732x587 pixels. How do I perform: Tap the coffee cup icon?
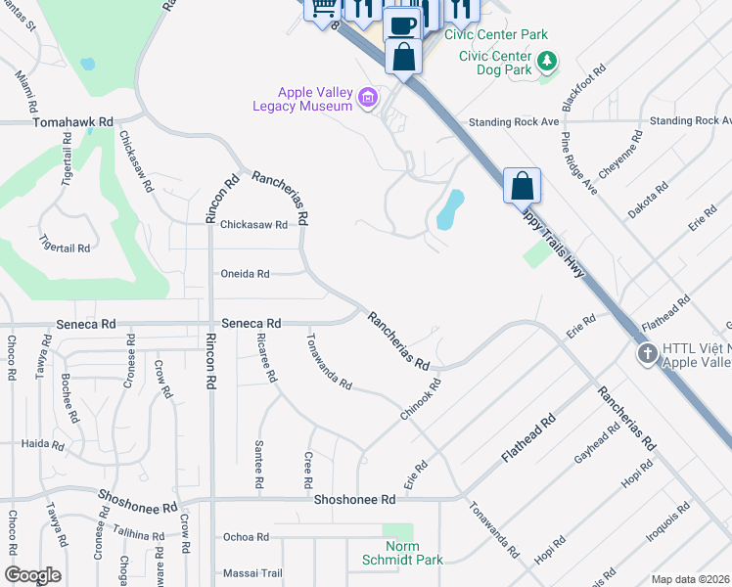[x=401, y=23]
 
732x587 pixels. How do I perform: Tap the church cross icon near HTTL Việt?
[x=646, y=353]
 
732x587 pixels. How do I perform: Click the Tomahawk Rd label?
[x=73, y=123]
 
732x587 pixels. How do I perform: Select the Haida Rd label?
[x=43, y=443]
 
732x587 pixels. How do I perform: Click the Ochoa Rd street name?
[x=246, y=537]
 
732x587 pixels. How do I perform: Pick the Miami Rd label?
[x=26, y=90]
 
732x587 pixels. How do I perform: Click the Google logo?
[x=32, y=575]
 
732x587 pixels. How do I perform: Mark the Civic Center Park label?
[x=495, y=34]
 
